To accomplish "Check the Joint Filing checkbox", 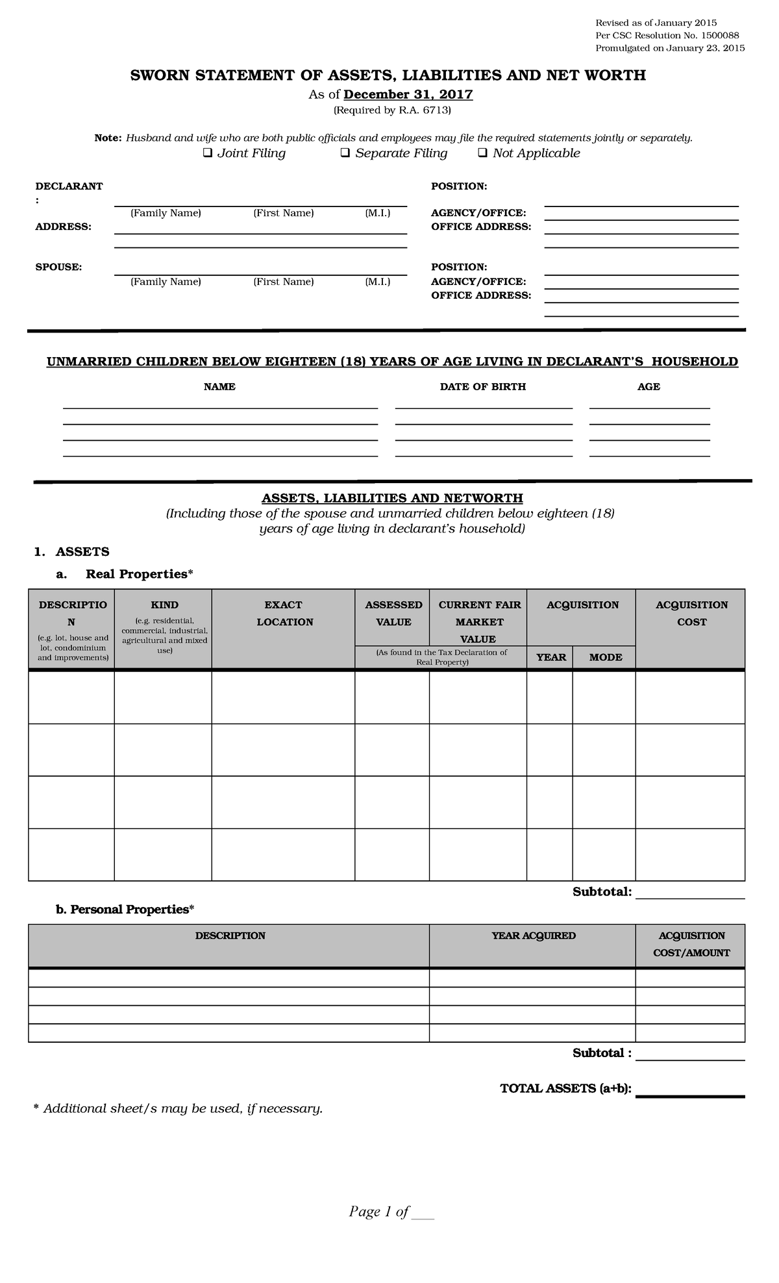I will (x=208, y=154).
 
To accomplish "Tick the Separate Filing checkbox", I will (x=345, y=154).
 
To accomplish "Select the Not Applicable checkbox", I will (x=482, y=154).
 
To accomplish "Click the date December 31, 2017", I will (x=408, y=95).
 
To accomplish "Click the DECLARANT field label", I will (x=69, y=186).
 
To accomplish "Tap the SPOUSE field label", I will (x=58, y=267).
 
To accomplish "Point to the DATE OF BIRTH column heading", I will (x=482, y=387).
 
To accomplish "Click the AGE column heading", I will (x=649, y=387).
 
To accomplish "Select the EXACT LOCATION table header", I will (x=284, y=614).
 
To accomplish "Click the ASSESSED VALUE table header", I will (x=393, y=614).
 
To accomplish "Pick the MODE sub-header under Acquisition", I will (x=605, y=658).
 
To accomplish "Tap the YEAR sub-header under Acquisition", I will (x=550, y=658).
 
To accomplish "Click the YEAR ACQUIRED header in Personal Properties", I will (x=533, y=936).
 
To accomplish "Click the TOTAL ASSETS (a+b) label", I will (x=565, y=1088).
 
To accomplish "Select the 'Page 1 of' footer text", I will (x=379, y=1212).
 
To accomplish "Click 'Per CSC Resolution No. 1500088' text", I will (x=667, y=36).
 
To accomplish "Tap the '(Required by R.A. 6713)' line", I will (x=391, y=110).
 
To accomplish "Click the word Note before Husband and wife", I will (x=108, y=138).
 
